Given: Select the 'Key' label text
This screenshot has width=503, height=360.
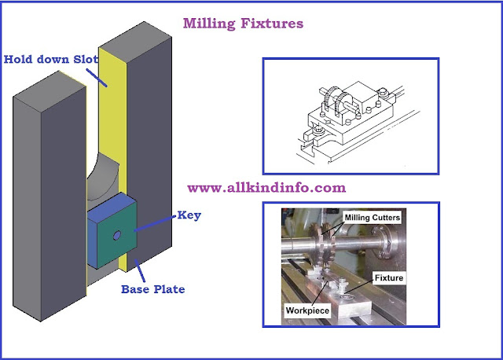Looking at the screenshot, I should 190,214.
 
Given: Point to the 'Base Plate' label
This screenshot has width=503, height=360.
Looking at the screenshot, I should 152,288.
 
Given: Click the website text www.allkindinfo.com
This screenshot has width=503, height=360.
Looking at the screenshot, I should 266,188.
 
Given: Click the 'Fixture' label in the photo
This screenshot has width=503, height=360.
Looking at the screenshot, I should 389,278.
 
